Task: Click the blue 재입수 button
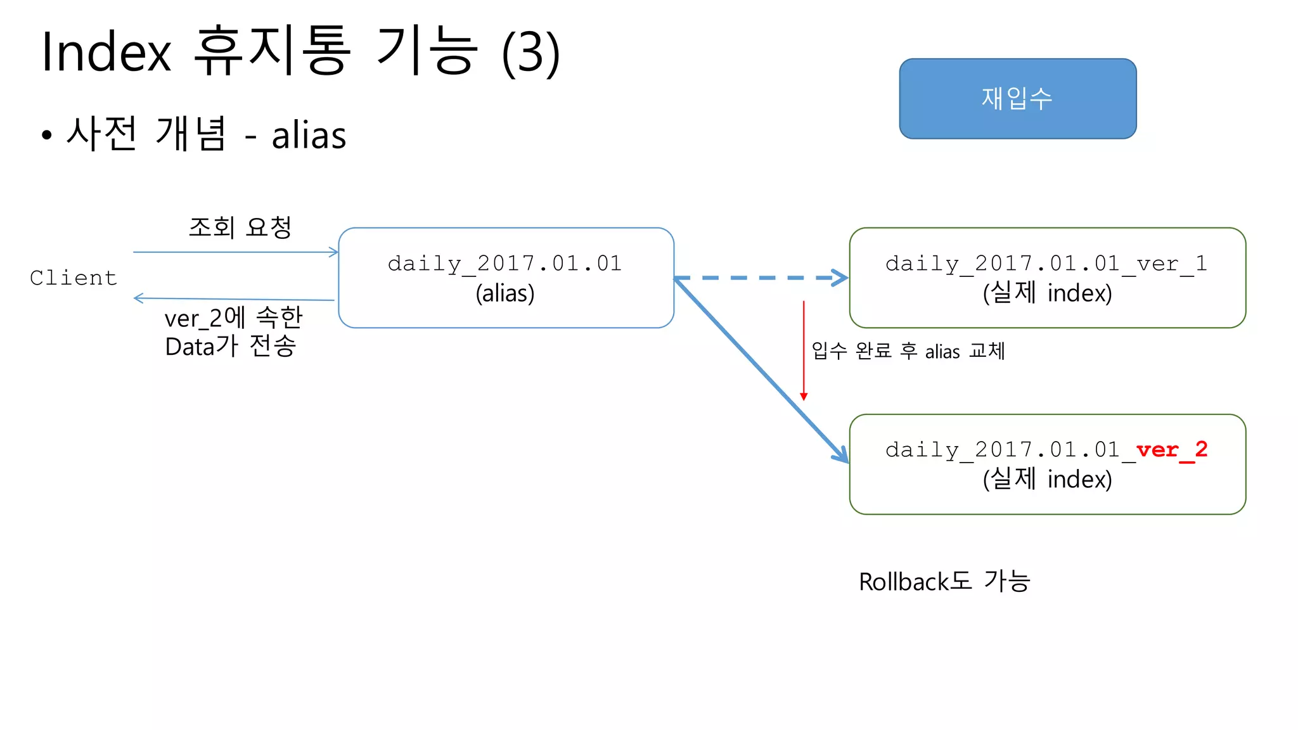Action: [1017, 99]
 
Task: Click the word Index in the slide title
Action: [106, 52]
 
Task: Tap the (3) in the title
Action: [530, 53]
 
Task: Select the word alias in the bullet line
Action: [309, 135]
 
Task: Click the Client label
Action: [74, 278]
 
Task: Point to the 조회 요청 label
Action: [240, 227]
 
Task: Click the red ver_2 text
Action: [1171, 449]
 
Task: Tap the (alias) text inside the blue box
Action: [505, 293]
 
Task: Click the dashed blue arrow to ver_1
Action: [761, 278]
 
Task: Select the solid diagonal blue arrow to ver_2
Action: [761, 371]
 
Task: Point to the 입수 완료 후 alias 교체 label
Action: [908, 350]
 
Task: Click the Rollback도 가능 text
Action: [944, 581]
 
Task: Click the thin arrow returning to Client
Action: [235, 298]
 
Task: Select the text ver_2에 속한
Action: [233, 317]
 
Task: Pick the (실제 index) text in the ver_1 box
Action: [1047, 293]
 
